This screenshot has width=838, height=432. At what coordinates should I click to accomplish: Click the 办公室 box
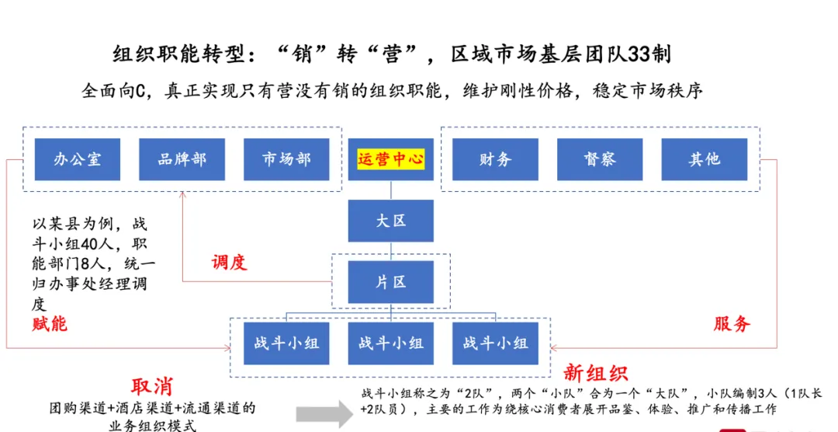78,159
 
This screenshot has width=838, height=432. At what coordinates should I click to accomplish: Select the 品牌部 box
182,159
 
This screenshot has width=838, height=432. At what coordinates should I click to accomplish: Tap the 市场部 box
286,159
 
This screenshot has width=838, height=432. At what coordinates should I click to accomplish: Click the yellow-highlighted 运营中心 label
390,159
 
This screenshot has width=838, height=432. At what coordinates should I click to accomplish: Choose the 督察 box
600,159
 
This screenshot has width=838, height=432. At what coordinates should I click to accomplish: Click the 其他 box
704,159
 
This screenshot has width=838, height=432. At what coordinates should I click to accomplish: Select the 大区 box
390,221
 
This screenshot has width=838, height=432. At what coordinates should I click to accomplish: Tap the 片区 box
390,282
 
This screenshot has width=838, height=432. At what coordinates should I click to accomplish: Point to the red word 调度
230,262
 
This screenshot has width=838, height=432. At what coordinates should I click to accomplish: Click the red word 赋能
50,324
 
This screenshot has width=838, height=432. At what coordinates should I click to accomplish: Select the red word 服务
732,323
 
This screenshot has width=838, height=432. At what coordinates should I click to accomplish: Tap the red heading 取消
152,386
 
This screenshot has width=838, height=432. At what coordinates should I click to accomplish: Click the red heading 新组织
596,373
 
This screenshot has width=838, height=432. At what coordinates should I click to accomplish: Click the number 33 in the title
639,54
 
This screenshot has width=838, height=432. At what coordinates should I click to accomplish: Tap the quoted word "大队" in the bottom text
672,393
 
